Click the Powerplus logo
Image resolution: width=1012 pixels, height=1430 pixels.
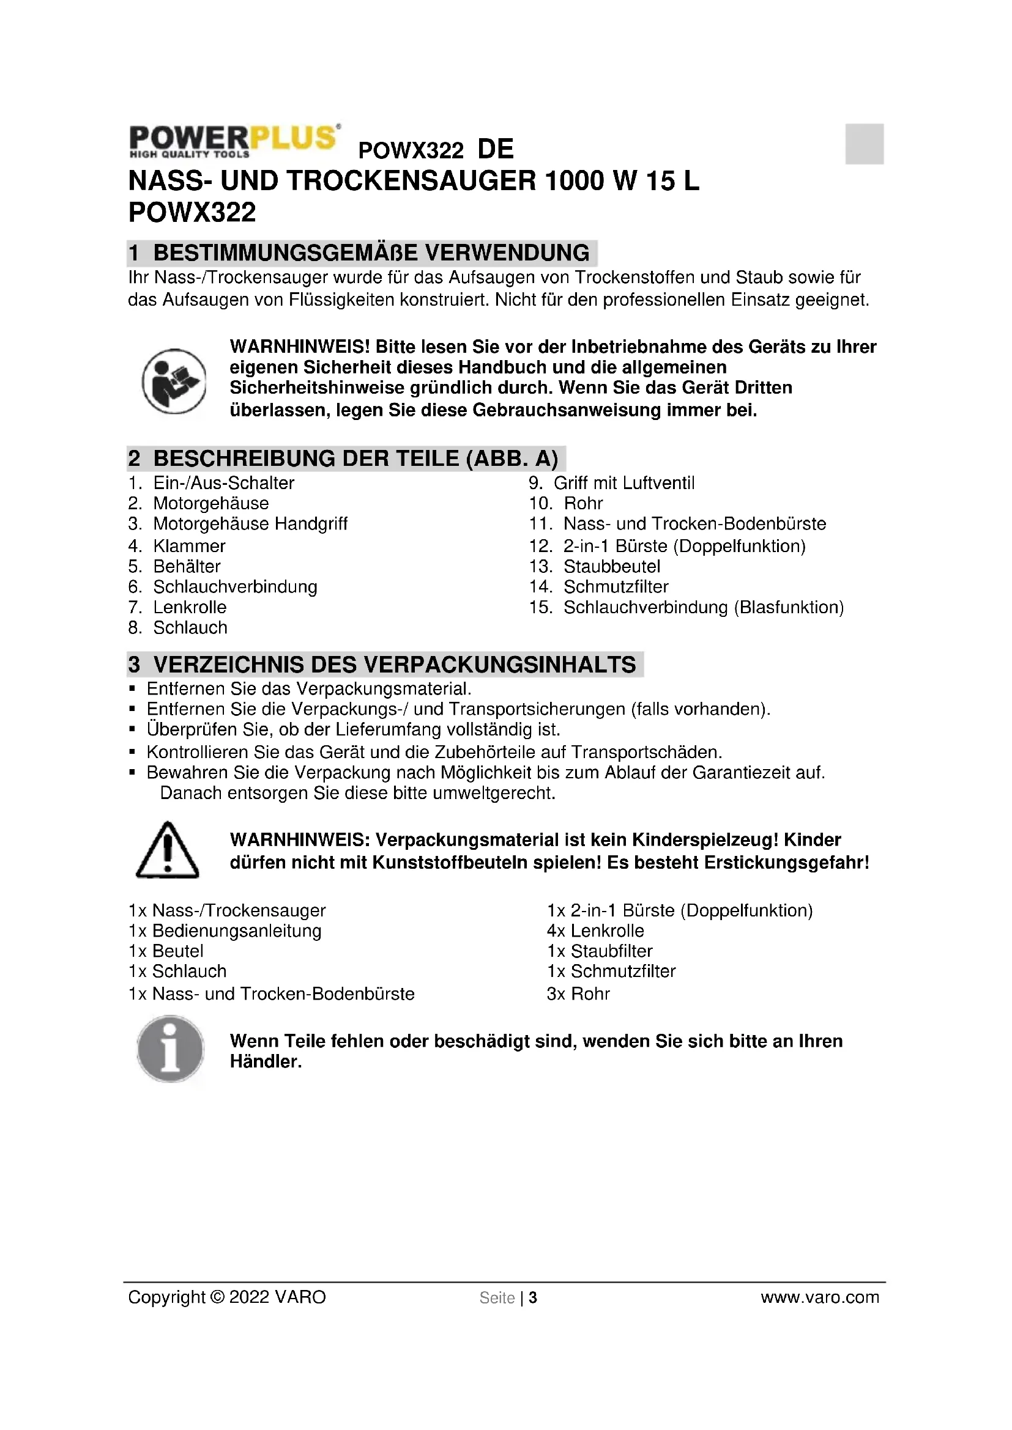pos(234,141)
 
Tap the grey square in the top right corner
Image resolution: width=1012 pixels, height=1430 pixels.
pos(864,144)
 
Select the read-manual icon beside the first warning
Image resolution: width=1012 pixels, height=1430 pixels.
pos(174,381)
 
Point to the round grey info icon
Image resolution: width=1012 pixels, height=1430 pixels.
pos(170,1049)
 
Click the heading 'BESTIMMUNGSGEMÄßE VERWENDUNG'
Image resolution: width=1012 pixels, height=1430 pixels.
pos(371,253)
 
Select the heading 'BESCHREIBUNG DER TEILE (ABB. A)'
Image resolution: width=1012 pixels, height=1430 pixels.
pos(355,459)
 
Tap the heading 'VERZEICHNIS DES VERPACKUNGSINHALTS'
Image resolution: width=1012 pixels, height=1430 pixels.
pos(394,665)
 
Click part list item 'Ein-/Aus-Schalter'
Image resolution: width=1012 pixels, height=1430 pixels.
pos(223,483)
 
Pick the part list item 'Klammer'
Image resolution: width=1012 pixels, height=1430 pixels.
pos(189,546)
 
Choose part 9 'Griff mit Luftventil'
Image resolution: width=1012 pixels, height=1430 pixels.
pos(623,483)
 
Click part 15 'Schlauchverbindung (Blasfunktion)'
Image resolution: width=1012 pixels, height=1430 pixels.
pos(703,607)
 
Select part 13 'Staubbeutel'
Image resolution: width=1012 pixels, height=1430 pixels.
pos(611,567)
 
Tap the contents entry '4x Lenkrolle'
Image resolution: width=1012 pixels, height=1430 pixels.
pos(595,931)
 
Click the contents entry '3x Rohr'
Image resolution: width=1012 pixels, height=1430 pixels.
pos(578,994)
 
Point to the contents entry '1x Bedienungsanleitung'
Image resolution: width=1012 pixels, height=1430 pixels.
pos(225,931)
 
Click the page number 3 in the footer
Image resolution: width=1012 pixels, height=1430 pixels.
pos(533,1298)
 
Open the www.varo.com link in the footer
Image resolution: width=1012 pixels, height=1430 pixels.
pos(819,1297)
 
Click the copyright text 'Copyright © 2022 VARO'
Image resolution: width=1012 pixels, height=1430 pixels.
pos(227,1297)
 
